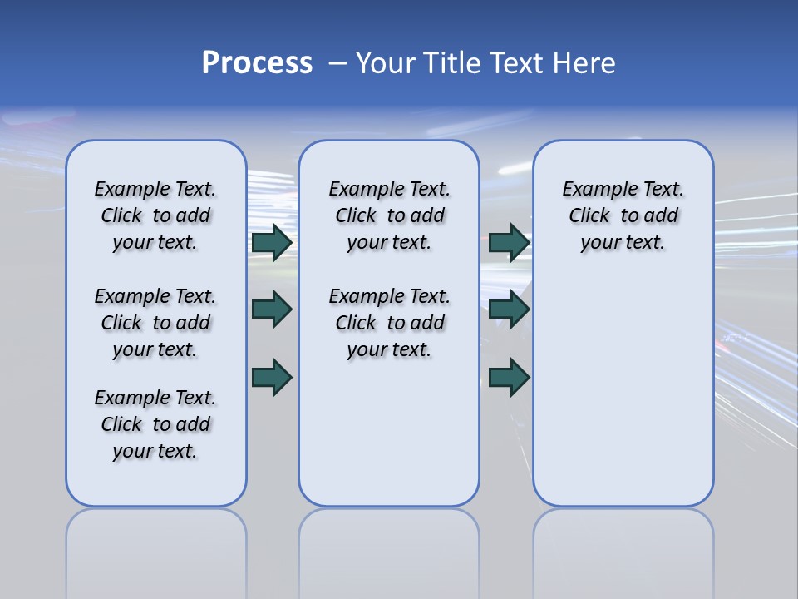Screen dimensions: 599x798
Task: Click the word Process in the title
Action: pos(257,63)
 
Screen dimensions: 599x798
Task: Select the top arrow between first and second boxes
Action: pos(272,242)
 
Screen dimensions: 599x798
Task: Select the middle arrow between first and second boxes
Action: pos(272,309)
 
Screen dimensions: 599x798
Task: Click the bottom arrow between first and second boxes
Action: pos(272,378)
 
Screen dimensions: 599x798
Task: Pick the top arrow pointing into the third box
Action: pos(509,242)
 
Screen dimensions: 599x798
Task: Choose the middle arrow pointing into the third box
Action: pos(509,309)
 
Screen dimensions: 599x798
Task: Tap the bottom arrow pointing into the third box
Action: pos(509,378)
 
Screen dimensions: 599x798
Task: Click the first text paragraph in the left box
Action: pos(155,215)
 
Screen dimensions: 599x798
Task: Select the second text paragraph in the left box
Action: pos(155,323)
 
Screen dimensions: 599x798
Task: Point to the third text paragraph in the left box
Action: pos(155,424)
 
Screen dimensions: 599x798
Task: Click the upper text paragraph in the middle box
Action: pos(390,215)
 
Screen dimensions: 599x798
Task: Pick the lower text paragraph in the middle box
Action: pos(390,323)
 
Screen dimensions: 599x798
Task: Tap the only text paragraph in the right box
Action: pos(623,215)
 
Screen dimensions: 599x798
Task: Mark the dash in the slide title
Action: pos(337,63)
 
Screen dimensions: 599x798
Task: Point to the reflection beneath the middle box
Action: pos(389,549)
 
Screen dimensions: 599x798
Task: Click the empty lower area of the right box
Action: pos(623,391)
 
